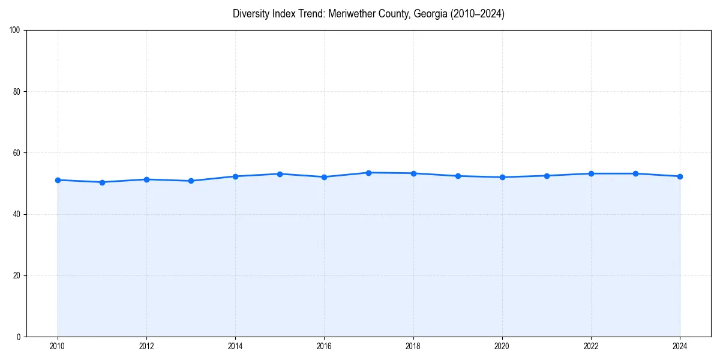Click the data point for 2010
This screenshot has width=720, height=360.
click(x=58, y=180)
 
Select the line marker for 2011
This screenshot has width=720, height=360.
click(x=102, y=182)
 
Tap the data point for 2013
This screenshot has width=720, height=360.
click(x=191, y=181)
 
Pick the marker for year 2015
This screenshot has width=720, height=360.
click(x=280, y=174)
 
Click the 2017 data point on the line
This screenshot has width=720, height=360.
click(x=368, y=173)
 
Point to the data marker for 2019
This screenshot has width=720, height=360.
click(x=458, y=176)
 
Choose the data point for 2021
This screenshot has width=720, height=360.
click(x=547, y=176)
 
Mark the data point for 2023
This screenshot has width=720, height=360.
click(x=635, y=173)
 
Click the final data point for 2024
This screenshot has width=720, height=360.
click(x=680, y=176)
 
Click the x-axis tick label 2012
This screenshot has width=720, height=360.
click(x=146, y=346)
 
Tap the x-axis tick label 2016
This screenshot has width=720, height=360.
click(x=324, y=346)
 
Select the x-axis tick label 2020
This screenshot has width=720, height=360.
click(x=502, y=346)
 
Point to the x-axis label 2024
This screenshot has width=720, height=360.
click(x=680, y=346)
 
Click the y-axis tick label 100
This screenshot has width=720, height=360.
click(x=15, y=31)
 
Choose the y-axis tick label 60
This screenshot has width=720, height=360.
click(x=17, y=153)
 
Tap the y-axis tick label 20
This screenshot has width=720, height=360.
click(x=17, y=275)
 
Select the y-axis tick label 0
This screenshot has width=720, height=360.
click(x=19, y=337)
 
